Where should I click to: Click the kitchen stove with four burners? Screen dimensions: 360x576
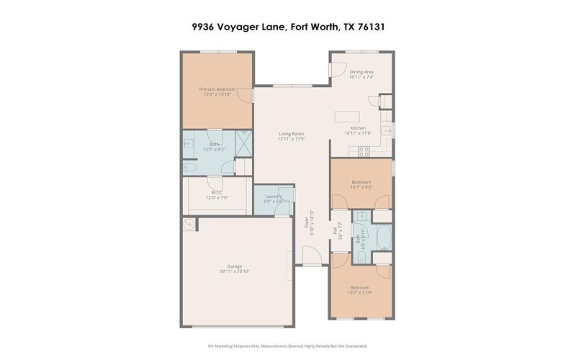[x=364, y=150]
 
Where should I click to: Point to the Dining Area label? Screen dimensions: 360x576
[x=361, y=72]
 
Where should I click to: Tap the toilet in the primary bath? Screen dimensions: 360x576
[x=189, y=167]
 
